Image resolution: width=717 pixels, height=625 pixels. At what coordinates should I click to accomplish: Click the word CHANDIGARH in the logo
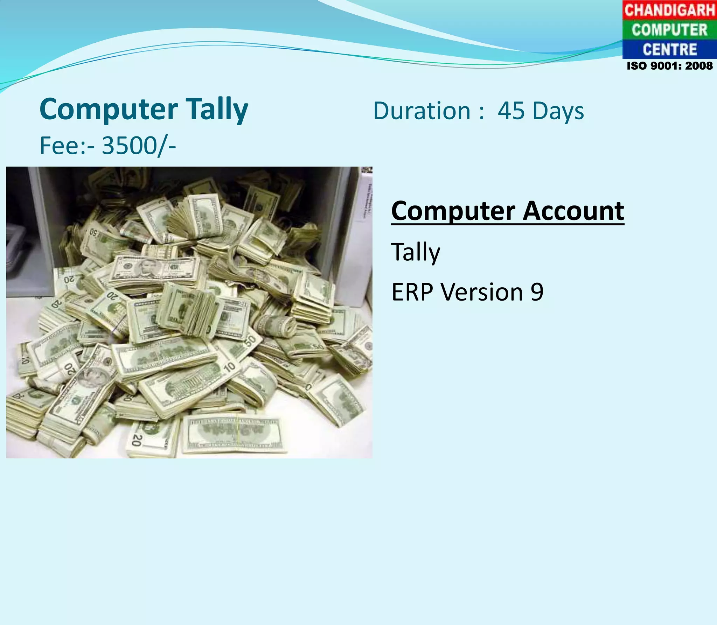(669, 10)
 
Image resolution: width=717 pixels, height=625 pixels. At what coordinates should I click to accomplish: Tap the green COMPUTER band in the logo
(669, 30)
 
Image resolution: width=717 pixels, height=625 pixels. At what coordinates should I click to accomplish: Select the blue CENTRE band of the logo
(669, 49)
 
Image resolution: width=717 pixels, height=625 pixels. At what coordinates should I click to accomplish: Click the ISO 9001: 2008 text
(669, 66)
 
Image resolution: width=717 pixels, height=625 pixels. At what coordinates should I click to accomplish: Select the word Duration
(422, 111)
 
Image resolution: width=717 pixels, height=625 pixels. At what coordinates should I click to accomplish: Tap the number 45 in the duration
(511, 111)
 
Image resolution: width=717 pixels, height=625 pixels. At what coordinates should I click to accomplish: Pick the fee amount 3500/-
(139, 146)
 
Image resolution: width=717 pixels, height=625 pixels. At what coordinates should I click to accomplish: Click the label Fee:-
(67, 146)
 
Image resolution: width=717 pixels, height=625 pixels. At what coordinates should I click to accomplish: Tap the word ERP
(412, 292)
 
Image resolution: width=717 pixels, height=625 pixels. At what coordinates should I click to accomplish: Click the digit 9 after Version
(537, 292)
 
